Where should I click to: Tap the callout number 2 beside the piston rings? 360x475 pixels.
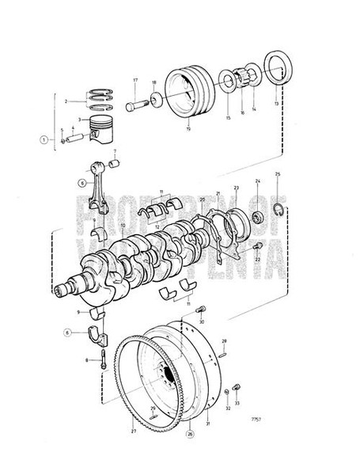point(88,101)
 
